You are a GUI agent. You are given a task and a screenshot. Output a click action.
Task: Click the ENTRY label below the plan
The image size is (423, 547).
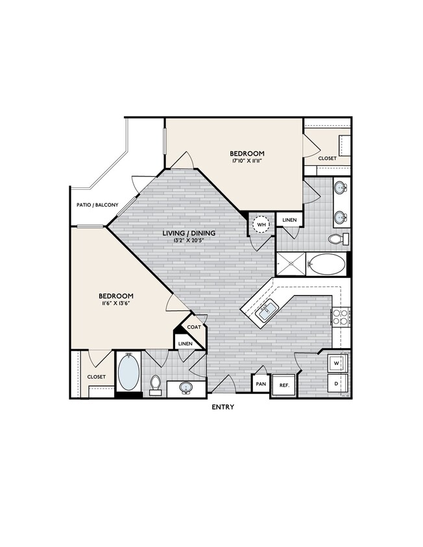[x=223, y=407]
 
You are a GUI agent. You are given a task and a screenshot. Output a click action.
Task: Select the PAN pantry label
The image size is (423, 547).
[x=261, y=384]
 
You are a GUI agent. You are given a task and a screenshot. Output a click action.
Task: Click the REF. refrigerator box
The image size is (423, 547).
[x=284, y=384]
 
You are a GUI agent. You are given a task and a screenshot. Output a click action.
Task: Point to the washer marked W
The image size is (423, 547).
[x=337, y=364]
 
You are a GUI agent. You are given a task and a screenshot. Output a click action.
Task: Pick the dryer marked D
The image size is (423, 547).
[x=337, y=383]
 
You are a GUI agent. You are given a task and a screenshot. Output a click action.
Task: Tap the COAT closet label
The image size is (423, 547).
[x=194, y=327]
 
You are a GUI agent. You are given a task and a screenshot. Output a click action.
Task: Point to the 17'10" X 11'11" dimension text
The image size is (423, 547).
[x=248, y=161]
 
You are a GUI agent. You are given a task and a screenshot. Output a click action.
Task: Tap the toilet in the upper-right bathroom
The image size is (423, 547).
[x=337, y=239]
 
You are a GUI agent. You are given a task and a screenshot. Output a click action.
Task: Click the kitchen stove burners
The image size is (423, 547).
[x=341, y=316]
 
